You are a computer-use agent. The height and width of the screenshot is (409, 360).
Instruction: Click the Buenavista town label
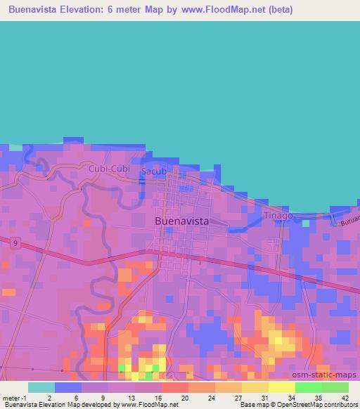tap(181, 221)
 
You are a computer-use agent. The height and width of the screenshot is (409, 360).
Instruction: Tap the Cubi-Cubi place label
tap(109, 169)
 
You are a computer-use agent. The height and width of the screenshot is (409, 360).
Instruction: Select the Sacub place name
tap(154, 171)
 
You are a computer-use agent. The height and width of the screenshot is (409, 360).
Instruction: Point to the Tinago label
tap(278, 216)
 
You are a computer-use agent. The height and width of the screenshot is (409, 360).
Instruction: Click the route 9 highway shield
tap(14, 242)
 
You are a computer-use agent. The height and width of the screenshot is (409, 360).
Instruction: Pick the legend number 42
tap(336, 397)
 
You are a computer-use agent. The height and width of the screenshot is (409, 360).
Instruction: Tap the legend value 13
tap(122, 397)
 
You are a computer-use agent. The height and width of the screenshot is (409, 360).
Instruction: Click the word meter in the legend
tap(11, 397)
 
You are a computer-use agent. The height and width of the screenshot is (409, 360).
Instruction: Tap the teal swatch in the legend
tap(41, 387)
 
